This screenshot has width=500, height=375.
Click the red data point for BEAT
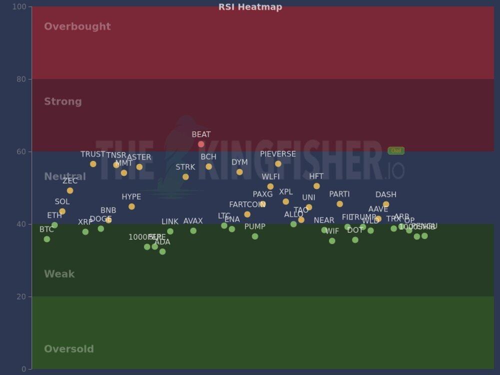click(201, 144)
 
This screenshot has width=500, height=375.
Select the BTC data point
click(47, 239)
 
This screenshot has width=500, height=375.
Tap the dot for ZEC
click(70, 190)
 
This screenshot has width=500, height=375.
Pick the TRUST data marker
click(93, 164)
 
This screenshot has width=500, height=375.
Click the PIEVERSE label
click(278, 154)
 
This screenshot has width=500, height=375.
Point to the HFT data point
click(316, 186)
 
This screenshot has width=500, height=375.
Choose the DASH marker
click(386, 204)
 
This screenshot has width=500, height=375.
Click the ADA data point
click(162, 251)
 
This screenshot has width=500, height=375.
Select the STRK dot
click(185, 177)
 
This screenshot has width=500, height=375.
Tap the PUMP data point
click(255, 236)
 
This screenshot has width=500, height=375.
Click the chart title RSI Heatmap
click(250, 7)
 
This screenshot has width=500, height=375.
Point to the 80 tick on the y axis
click(22, 79)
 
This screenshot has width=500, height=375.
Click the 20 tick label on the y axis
click(22, 296)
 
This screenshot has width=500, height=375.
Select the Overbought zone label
click(77, 26)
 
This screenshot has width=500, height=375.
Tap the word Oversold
click(69, 349)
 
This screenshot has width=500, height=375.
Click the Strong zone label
click(63, 101)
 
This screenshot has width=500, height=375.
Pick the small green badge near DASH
click(396, 150)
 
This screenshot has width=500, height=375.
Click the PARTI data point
click(339, 204)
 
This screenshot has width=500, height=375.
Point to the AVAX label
click(193, 221)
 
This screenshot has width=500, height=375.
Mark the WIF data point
click(332, 241)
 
